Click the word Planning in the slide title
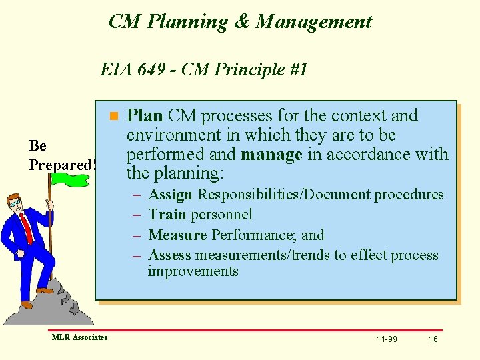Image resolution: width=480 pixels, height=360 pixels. coord(187,22)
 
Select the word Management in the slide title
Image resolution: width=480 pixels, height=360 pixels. coord(313,22)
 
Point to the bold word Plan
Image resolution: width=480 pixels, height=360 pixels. coord(145,116)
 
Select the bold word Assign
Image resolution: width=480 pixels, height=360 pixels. coord(171,195)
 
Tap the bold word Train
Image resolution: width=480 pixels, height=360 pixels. coord(167,215)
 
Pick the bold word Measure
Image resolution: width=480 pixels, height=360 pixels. coord(177,235)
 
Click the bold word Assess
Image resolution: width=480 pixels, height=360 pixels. coord(170,255)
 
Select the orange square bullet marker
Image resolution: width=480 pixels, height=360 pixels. coord(114,116)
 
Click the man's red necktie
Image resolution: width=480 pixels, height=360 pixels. coord(26,226)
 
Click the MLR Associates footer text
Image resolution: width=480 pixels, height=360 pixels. coord(79,337)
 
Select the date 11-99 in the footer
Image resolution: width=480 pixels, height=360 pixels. coord(387,339)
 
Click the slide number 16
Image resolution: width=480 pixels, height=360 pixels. coord(433,339)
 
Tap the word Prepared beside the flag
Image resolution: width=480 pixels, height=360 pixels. coord(60,164)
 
